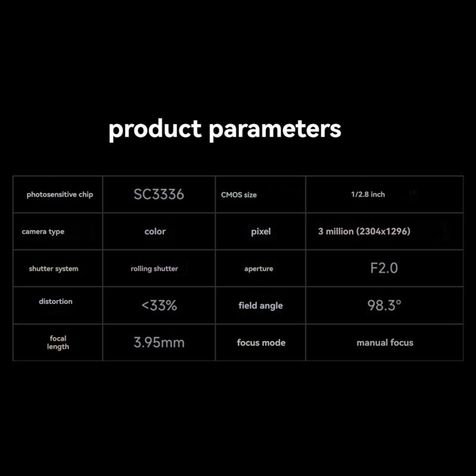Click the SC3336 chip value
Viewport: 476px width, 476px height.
click(159, 194)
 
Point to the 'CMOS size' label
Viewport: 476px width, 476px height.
click(239, 195)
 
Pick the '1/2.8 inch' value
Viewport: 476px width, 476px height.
click(368, 194)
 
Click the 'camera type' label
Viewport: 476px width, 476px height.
click(43, 232)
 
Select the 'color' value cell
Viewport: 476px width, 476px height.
click(155, 231)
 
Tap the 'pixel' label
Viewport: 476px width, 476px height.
click(261, 232)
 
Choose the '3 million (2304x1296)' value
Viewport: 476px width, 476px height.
click(364, 231)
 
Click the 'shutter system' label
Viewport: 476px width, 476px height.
click(53, 269)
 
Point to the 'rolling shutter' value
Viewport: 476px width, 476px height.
click(154, 269)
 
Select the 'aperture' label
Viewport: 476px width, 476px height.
click(259, 269)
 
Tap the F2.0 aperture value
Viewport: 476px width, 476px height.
click(384, 268)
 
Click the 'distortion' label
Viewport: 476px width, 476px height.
click(56, 301)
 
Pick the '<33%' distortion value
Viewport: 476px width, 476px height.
click(159, 305)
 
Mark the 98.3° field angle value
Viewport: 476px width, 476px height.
click(384, 305)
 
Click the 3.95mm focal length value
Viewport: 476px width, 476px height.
click(159, 342)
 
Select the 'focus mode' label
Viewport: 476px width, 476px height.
click(261, 343)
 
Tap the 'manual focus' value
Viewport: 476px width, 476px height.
click(385, 343)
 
